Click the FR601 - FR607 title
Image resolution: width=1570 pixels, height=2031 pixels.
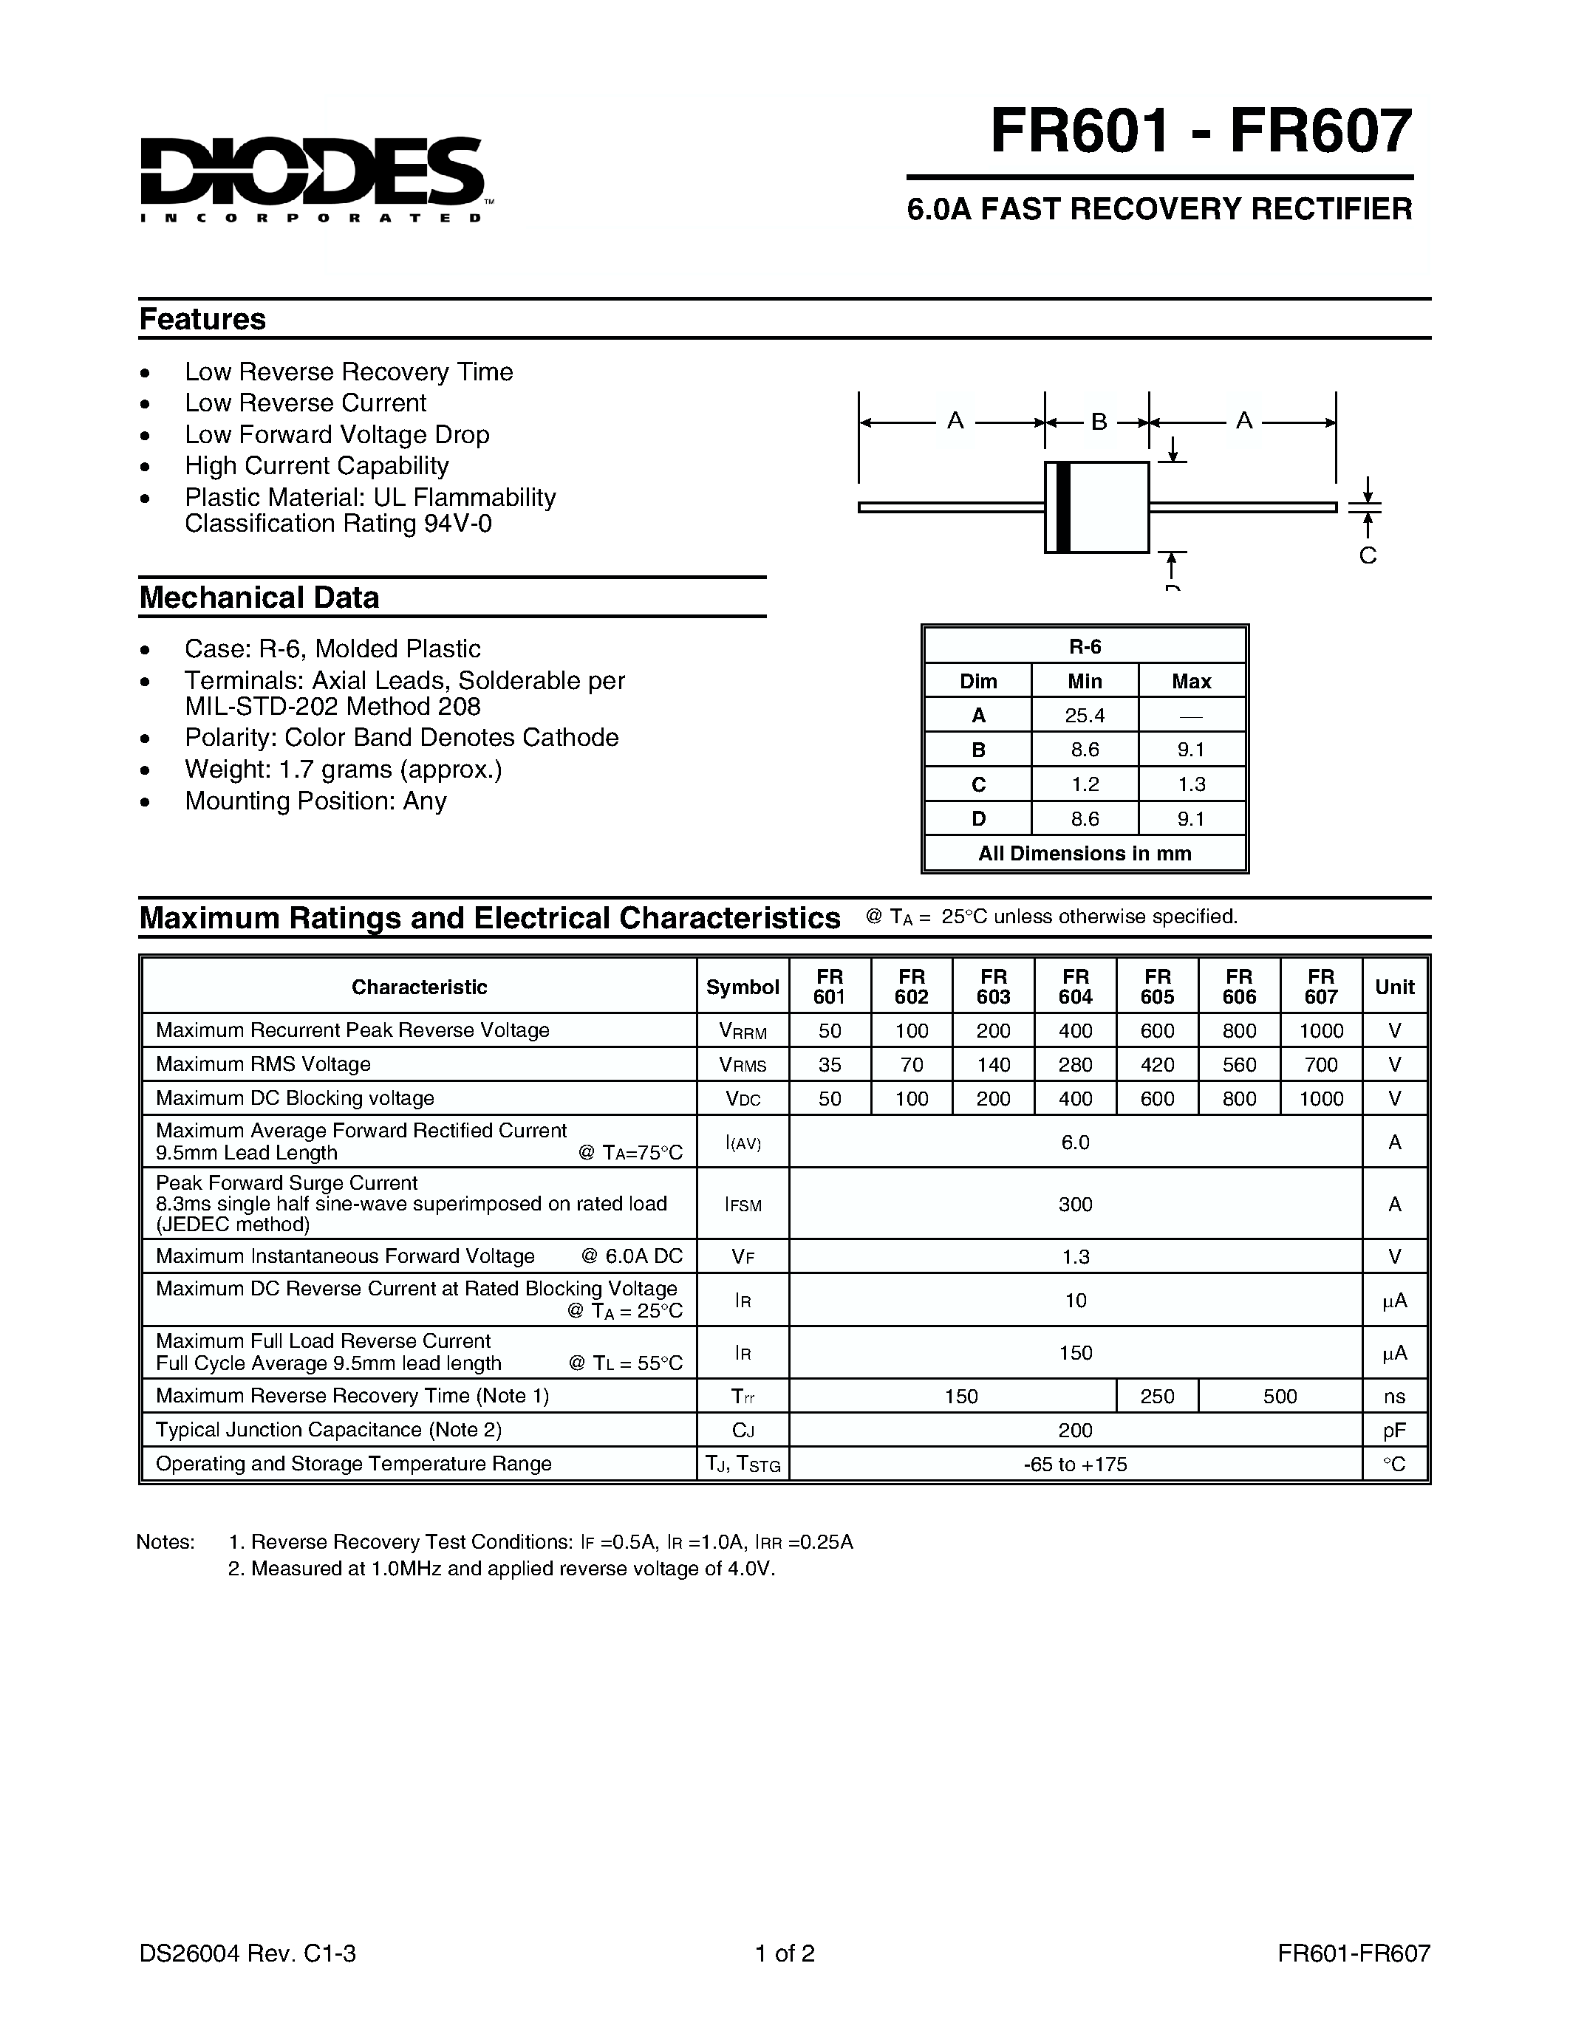(x=1201, y=131)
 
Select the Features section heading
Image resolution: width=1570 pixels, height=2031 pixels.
(x=202, y=319)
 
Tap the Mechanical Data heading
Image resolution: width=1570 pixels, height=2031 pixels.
(x=259, y=597)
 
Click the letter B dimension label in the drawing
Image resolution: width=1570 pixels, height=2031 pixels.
(x=1099, y=422)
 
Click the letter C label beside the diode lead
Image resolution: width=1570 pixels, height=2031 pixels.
(x=1368, y=556)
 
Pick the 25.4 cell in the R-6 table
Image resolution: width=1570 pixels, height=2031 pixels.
(x=1085, y=715)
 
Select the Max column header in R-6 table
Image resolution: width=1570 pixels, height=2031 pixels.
(x=1192, y=681)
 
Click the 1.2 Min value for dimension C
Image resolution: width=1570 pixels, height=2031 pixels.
(x=1085, y=784)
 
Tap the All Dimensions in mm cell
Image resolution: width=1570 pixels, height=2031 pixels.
(x=1085, y=853)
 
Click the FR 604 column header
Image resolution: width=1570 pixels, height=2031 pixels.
(x=1075, y=987)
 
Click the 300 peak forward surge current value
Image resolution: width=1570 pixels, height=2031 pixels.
(x=1075, y=1205)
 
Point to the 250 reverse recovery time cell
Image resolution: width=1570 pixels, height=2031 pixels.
(x=1157, y=1396)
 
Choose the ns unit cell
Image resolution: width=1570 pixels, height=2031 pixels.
(x=1394, y=1396)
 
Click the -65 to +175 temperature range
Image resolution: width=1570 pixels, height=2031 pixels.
(x=1075, y=1464)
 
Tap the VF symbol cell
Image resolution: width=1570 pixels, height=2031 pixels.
(x=743, y=1256)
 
